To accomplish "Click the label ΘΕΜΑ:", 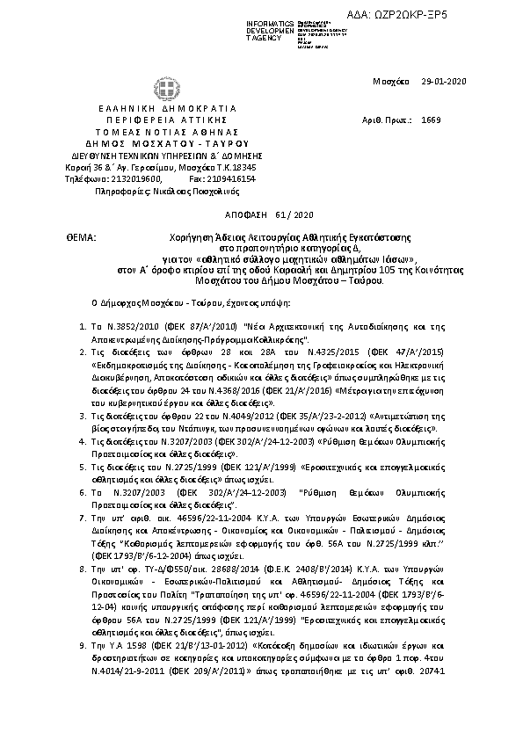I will click(x=79, y=237).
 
